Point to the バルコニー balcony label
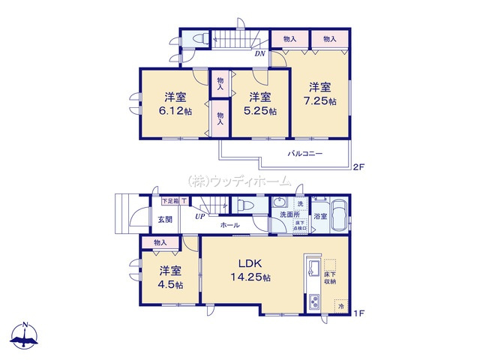point(305,153)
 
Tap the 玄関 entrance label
point(165,220)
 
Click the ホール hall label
point(230,225)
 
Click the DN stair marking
point(259,53)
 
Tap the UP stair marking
point(200,217)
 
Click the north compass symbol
point(26,336)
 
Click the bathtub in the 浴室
point(339,214)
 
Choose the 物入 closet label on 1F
point(160,242)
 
